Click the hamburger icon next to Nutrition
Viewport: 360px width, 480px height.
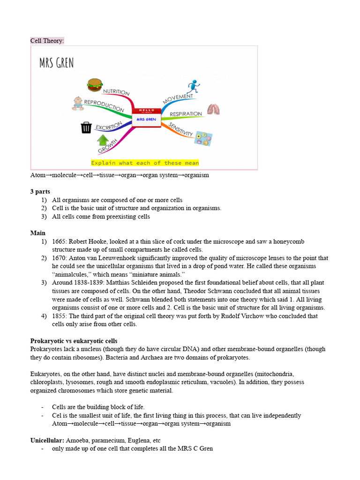point(95,85)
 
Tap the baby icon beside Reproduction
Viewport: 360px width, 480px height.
point(78,103)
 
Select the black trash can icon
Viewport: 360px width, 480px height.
point(86,127)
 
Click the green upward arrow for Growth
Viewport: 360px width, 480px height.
point(103,140)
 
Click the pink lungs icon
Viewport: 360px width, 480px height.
point(213,110)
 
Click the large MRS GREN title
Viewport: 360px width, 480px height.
point(56,63)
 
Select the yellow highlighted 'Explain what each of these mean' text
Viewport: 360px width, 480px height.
point(145,163)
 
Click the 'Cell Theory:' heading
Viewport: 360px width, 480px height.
point(47,41)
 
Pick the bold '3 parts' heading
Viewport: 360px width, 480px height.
point(40,192)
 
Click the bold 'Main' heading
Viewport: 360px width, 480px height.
point(38,233)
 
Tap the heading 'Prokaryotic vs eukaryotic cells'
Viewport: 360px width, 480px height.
point(74,341)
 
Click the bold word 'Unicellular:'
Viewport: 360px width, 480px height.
point(47,440)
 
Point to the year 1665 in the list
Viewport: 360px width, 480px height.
point(60,241)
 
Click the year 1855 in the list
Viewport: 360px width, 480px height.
point(60,316)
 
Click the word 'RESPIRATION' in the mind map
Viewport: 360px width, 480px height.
point(186,114)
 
